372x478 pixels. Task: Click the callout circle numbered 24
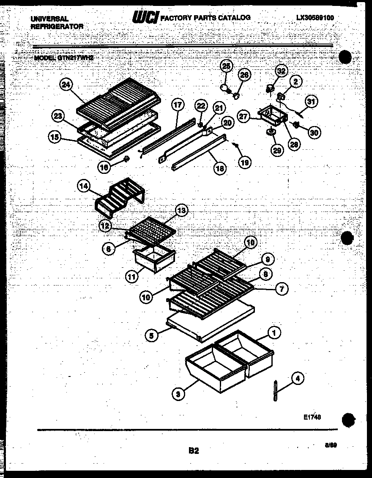tap(65, 85)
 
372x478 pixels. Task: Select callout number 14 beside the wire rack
tap(83, 186)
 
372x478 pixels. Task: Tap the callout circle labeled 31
tap(311, 102)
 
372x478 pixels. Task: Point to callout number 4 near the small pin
tap(298, 379)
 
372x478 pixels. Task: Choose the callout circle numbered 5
tap(151, 336)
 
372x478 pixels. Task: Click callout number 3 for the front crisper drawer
tap(178, 394)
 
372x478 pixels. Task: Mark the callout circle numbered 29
tap(277, 150)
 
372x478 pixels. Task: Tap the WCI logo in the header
tap(146, 17)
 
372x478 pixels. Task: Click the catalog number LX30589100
tap(315, 18)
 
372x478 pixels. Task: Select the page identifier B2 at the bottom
tap(193, 451)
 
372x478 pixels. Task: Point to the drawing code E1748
tap(312, 417)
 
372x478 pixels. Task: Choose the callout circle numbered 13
tap(181, 210)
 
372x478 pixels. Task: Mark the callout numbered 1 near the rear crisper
tap(274, 334)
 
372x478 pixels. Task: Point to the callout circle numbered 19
tap(244, 162)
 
